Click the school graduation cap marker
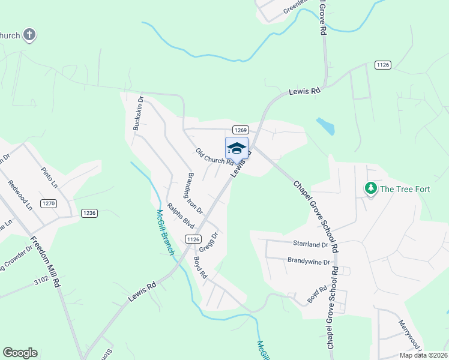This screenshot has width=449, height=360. tap(237, 148)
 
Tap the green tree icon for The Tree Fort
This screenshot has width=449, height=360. tap(371, 189)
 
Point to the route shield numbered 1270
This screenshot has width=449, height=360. tap(49, 204)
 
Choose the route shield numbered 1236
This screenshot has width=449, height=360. tap(89, 213)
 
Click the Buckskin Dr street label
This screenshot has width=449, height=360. tap(136, 113)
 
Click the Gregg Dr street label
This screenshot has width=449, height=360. tap(209, 243)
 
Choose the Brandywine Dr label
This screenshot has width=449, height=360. tap(309, 262)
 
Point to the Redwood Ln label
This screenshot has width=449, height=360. tap(20, 196)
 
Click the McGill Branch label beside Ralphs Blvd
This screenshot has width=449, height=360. tap(164, 232)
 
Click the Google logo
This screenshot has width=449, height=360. tap(20, 353)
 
